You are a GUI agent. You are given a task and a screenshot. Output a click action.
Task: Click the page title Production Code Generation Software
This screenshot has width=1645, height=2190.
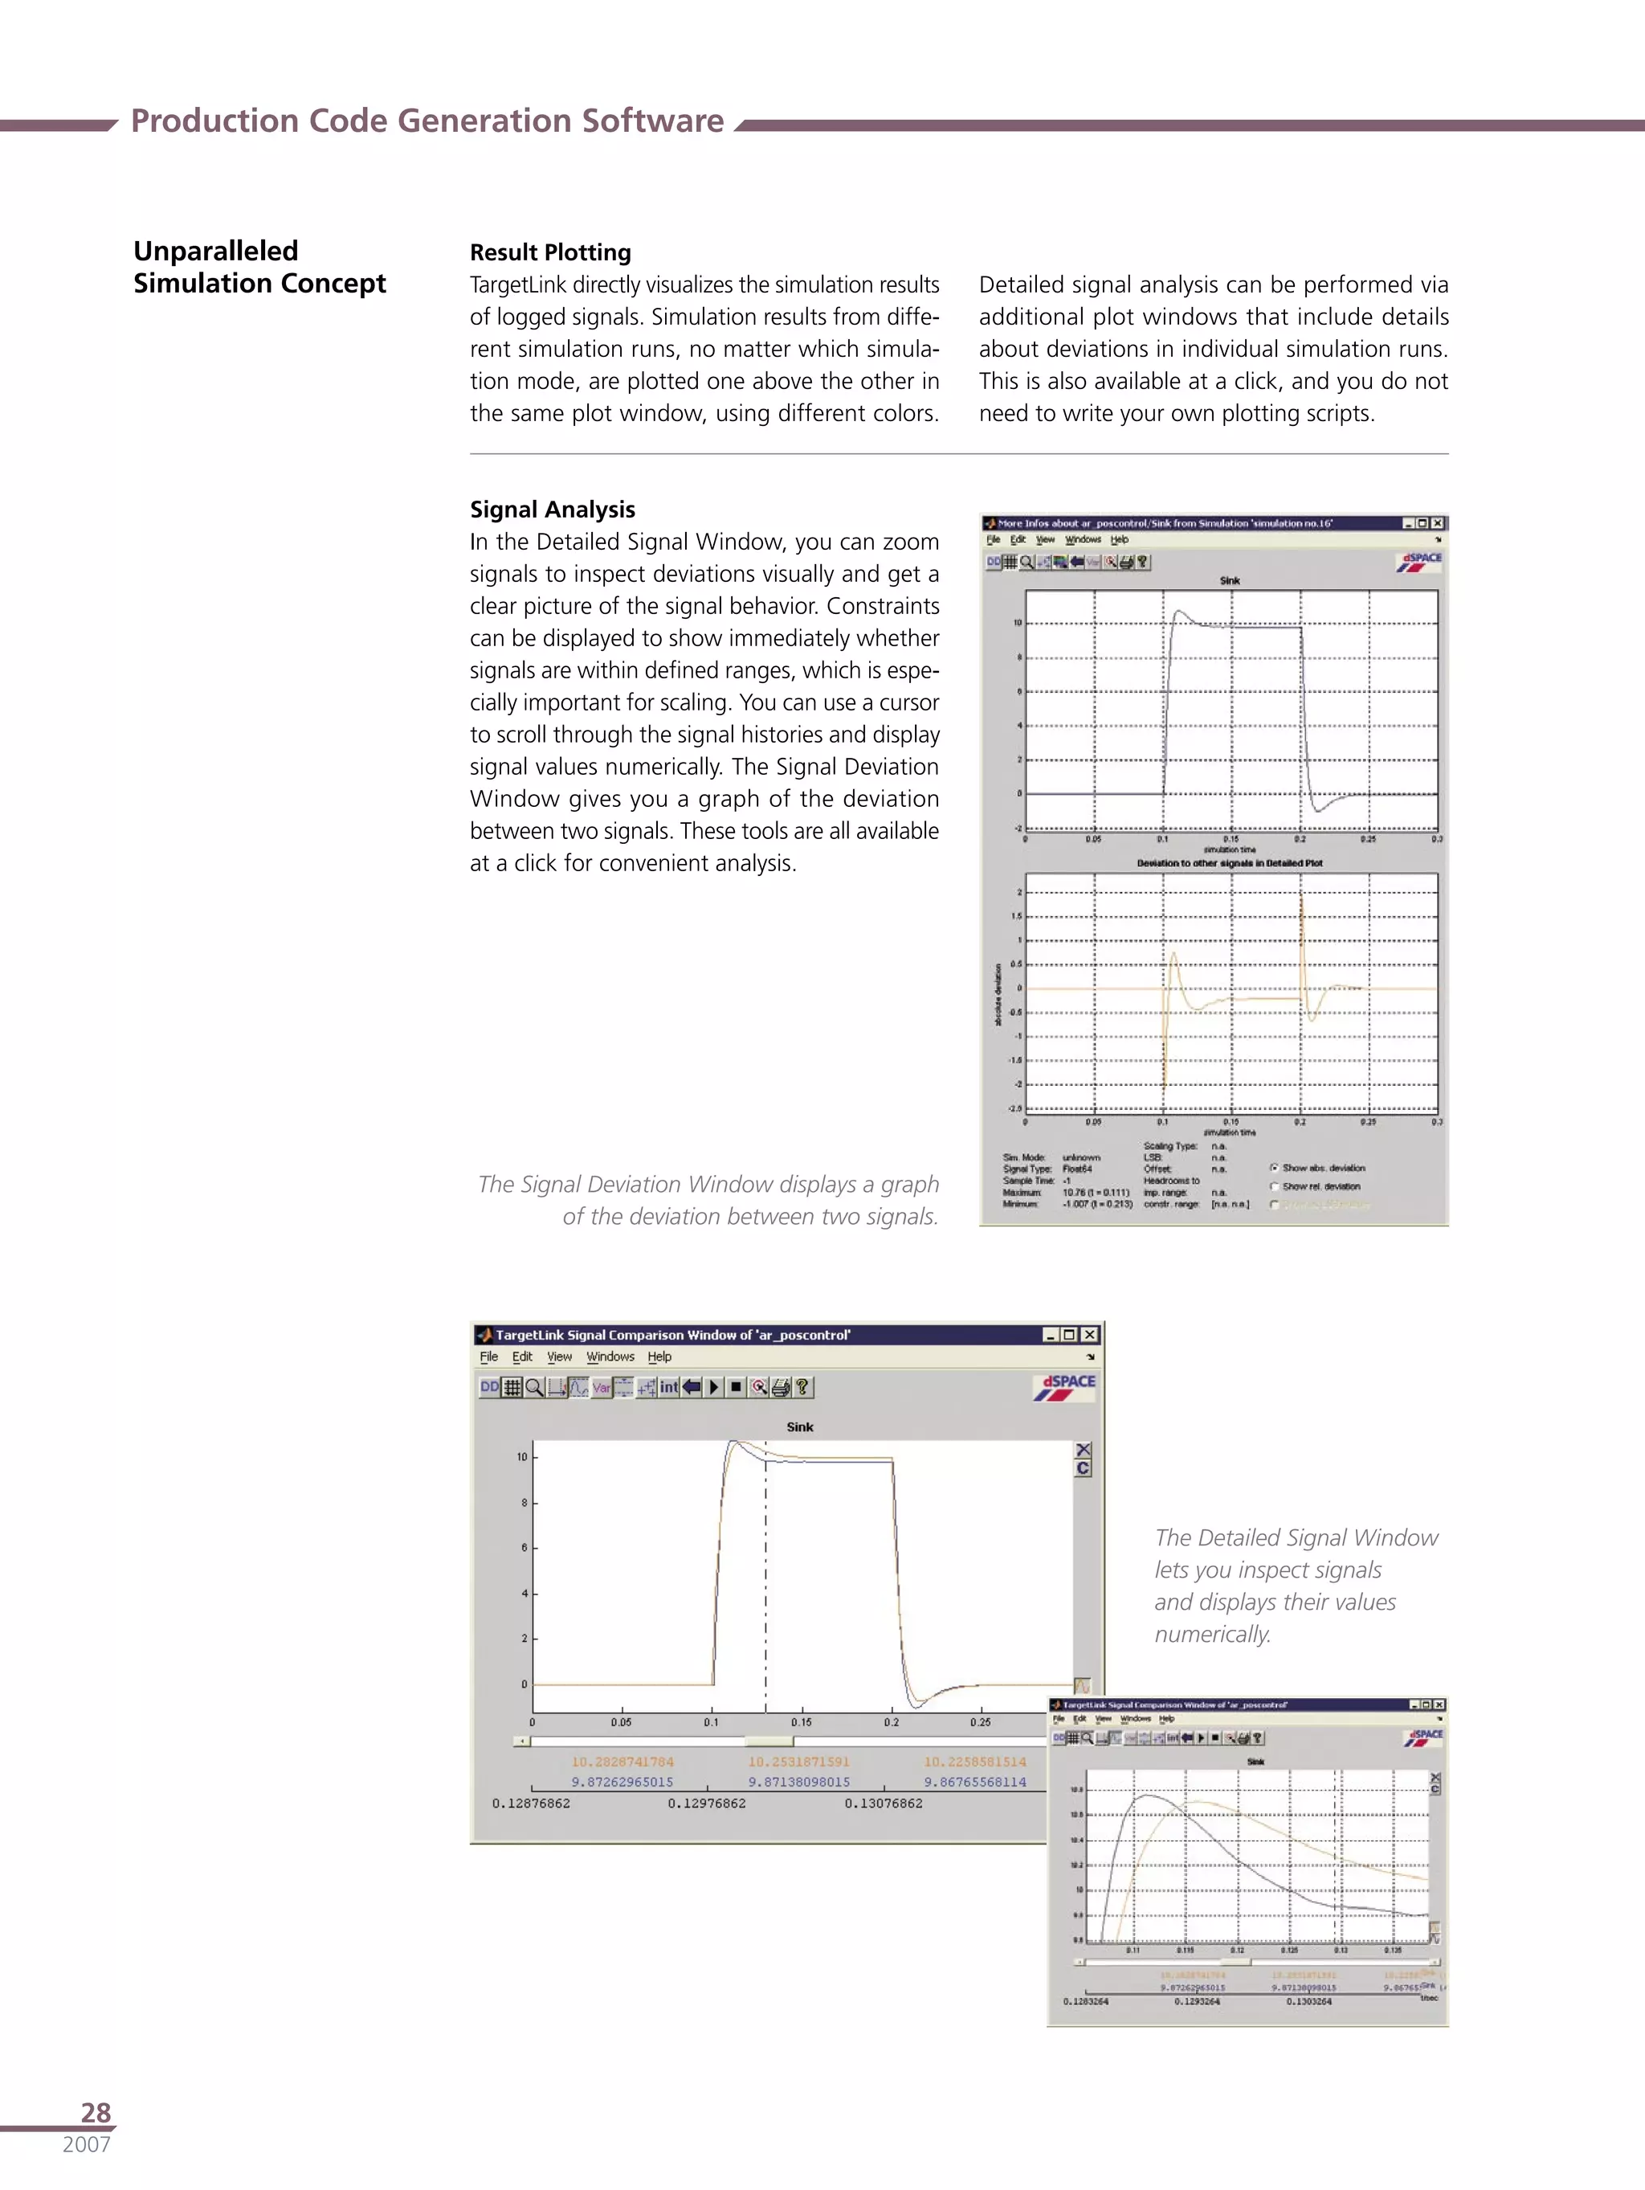[427, 121]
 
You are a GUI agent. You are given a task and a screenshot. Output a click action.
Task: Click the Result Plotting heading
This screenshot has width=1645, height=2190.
[550, 252]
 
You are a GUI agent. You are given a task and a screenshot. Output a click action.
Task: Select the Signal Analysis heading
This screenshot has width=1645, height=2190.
[553, 510]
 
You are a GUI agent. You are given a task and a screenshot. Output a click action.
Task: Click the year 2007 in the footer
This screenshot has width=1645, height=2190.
[86, 2144]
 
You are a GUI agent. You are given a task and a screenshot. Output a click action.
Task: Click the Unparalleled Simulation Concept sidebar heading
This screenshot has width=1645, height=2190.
[259, 268]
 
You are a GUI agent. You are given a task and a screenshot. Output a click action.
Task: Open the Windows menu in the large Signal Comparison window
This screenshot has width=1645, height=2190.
[610, 1357]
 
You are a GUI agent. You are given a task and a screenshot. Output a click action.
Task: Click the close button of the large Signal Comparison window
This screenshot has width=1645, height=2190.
[1088, 1335]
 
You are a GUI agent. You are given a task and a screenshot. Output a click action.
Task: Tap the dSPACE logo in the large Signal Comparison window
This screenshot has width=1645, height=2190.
[1065, 1387]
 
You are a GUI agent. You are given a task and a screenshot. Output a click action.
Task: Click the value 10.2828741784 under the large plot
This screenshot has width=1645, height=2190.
[622, 1762]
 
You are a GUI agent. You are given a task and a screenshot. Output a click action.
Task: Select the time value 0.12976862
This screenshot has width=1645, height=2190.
[707, 1804]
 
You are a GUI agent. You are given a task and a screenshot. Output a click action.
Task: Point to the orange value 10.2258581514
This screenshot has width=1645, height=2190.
[975, 1762]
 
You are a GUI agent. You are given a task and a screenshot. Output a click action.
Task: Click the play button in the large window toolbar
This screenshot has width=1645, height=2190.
[713, 1387]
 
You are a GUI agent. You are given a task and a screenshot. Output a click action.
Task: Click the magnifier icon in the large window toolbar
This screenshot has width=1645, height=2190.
[534, 1387]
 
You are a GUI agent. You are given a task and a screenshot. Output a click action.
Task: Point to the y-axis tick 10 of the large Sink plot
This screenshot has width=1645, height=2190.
[521, 1457]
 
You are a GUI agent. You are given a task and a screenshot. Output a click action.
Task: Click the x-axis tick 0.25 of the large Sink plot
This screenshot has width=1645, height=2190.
[980, 1723]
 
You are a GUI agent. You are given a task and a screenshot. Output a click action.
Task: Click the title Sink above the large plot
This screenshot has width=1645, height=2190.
[800, 1427]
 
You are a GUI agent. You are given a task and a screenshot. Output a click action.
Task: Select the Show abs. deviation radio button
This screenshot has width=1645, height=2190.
[1275, 1169]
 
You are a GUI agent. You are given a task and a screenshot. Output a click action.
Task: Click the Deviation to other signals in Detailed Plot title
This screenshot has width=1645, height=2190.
[1229, 863]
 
